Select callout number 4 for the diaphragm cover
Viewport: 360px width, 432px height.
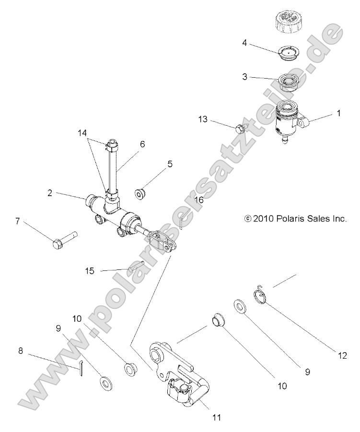point(244,42)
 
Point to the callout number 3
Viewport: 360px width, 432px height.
point(244,76)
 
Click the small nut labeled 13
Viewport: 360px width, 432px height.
point(240,128)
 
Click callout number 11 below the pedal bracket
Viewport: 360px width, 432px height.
point(217,417)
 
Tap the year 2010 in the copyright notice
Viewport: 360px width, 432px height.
point(262,219)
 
